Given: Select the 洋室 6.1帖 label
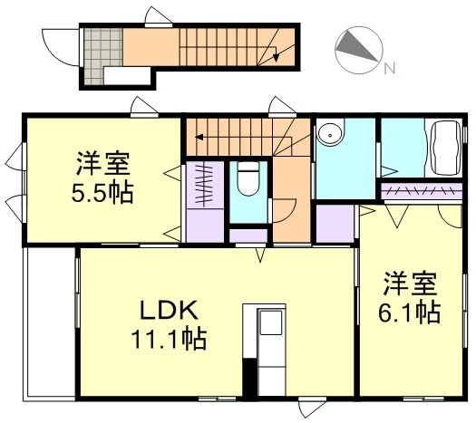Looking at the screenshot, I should coord(410,297).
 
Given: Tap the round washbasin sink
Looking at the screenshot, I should coord(333,137).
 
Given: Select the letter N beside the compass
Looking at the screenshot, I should coord(387,69).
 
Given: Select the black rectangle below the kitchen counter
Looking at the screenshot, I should coord(248,379).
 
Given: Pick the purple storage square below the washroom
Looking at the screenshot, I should coord(335,224).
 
